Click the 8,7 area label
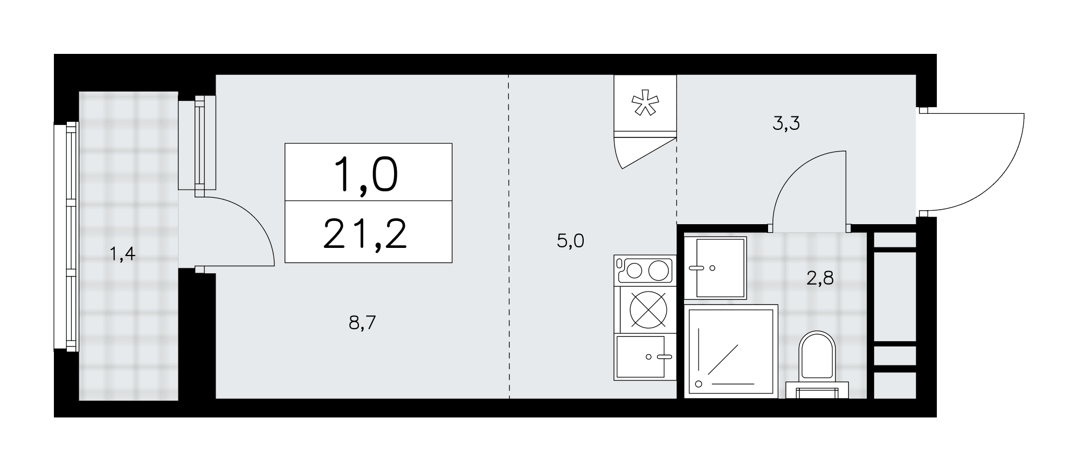(362, 324)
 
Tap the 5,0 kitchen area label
(570, 241)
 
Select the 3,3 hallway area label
(786, 124)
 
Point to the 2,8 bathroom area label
(820, 279)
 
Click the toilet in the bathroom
(817, 365)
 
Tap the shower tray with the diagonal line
(731, 351)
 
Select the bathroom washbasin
(715, 267)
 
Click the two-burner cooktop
(645, 270)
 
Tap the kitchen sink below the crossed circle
(645, 357)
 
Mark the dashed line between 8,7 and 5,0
(509, 237)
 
